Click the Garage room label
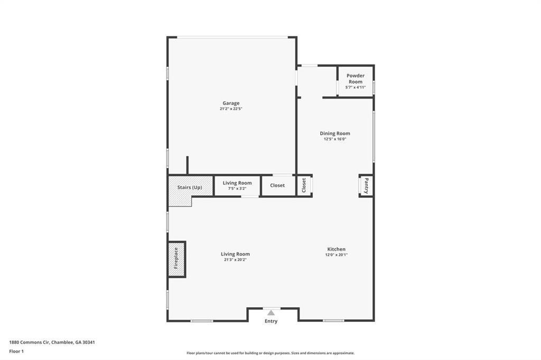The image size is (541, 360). click(231, 103)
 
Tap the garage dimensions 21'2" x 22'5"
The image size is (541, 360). click(231, 109)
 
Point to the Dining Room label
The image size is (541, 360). click(335, 134)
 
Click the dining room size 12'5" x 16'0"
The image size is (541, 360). click(335, 139)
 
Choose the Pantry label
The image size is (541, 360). click(366, 186)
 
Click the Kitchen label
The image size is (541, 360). click(337, 249)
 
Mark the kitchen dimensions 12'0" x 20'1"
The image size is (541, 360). click(337, 255)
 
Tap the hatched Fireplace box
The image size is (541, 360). click(176, 259)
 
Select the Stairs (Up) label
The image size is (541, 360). click(190, 187)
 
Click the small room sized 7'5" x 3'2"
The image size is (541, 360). click(237, 186)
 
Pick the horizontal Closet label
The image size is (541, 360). click(277, 185)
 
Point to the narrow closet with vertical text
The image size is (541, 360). click(304, 185)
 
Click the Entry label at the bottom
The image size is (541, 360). click(271, 321)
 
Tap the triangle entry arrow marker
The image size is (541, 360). click(271, 312)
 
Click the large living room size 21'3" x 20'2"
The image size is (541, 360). click(235, 260)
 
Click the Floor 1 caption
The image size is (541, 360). click(16, 351)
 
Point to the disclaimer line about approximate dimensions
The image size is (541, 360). click(270, 353)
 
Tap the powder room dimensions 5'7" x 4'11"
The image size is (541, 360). click(356, 88)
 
